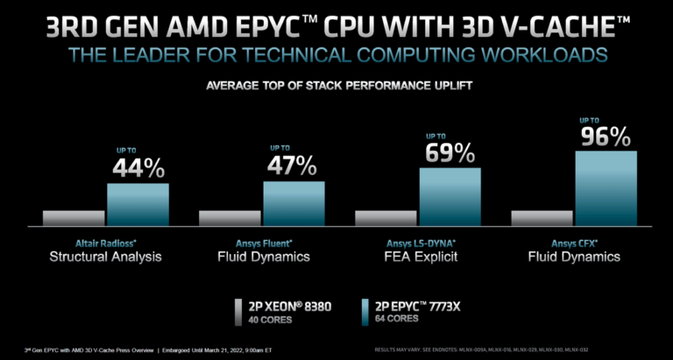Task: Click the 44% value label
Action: click(x=138, y=167)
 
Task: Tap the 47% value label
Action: click(x=294, y=165)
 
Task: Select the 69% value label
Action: click(x=450, y=152)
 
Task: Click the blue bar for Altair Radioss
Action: click(x=138, y=205)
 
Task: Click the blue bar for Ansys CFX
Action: click(x=606, y=188)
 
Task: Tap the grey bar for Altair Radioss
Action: click(x=73, y=218)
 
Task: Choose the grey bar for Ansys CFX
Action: click(x=541, y=218)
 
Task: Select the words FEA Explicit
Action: click(x=417, y=257)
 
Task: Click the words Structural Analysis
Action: click(x=105, y=257)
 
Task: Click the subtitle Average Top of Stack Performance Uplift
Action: click(x=336, y=86)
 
